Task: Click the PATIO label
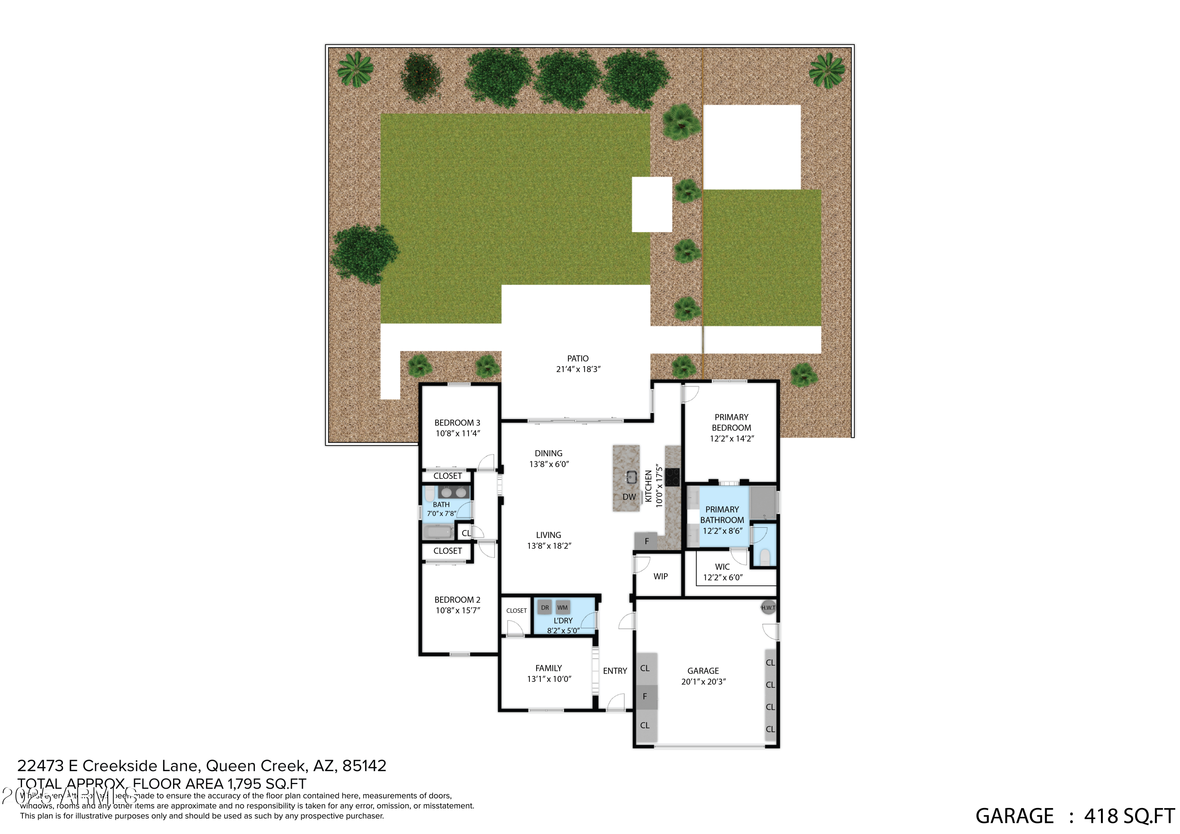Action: (578, 359)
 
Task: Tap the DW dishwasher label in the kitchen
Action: (629, 497)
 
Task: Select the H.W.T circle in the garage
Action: (768, 608)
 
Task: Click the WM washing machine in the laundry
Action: (563, 608)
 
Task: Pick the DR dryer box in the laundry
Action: (545, 608)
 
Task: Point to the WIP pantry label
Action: (660, 576)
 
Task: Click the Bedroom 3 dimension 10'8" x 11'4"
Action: (457, 433)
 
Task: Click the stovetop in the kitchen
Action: (672, 477)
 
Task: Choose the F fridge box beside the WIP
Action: (646, 541)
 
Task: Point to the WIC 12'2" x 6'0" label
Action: (722, 572)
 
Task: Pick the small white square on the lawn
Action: (652, 204)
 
